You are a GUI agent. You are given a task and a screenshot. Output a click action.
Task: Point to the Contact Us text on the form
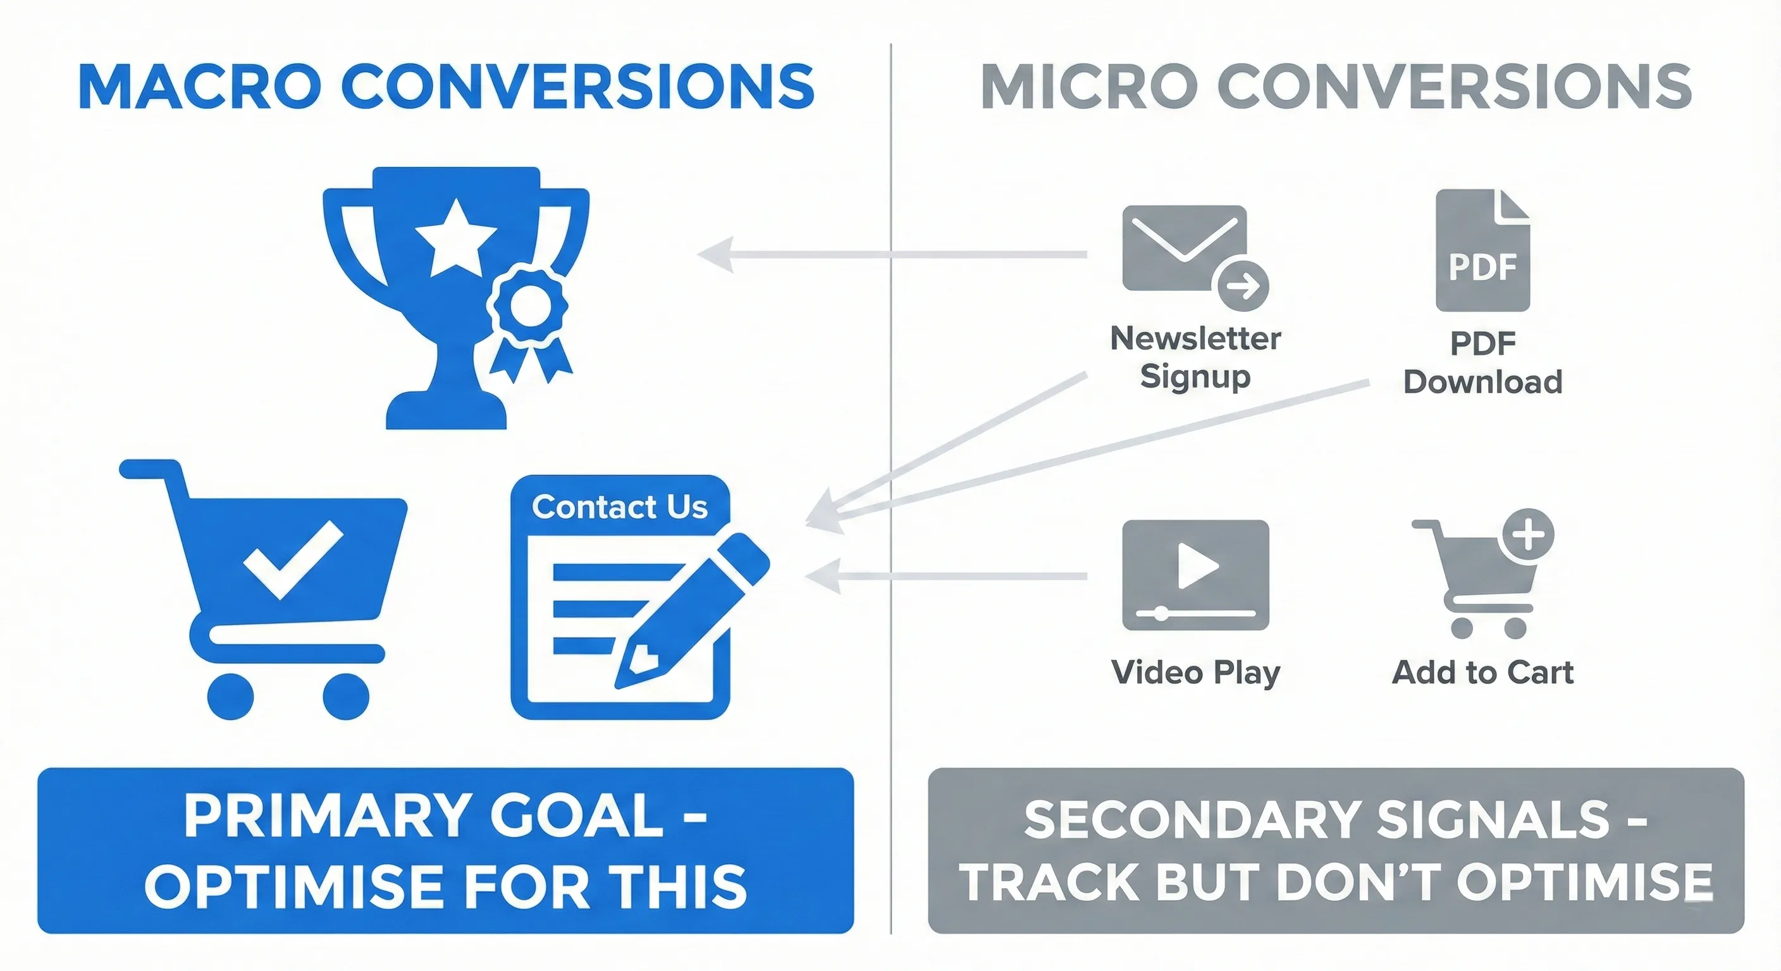pyautogui.click(x=619, y=506)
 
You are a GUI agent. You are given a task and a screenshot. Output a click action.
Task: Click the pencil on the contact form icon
pyautogui.click(x=691, y=608)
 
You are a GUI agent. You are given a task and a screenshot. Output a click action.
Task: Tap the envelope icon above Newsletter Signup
pyautogui.click(x=1184, y=247)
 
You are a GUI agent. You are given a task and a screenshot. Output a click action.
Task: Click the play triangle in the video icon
pyautogui.click(x=1196, y=565)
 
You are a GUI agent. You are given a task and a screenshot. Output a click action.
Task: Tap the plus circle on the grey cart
pyautogui.click(x=1529, y=534)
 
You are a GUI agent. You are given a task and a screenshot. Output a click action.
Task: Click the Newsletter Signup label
pyautogui.click(x=1195, y=357)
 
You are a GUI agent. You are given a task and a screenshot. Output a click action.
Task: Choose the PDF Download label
pyautogui.click(x=1482, y=362)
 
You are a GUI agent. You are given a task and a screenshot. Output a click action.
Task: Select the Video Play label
pyautogui.click(x=1195, y=673)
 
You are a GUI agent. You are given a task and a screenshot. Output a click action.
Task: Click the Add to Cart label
pyautogui.click(x=1482, y=673)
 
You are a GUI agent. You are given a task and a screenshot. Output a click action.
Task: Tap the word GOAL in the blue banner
pyautogui.click(x=577, y=816)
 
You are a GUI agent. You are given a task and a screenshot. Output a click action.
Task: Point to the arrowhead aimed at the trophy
pyautogui.click(x=715, y=254)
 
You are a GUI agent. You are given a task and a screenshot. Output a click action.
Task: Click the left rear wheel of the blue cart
pyautogui.click(x=231, y=696)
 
